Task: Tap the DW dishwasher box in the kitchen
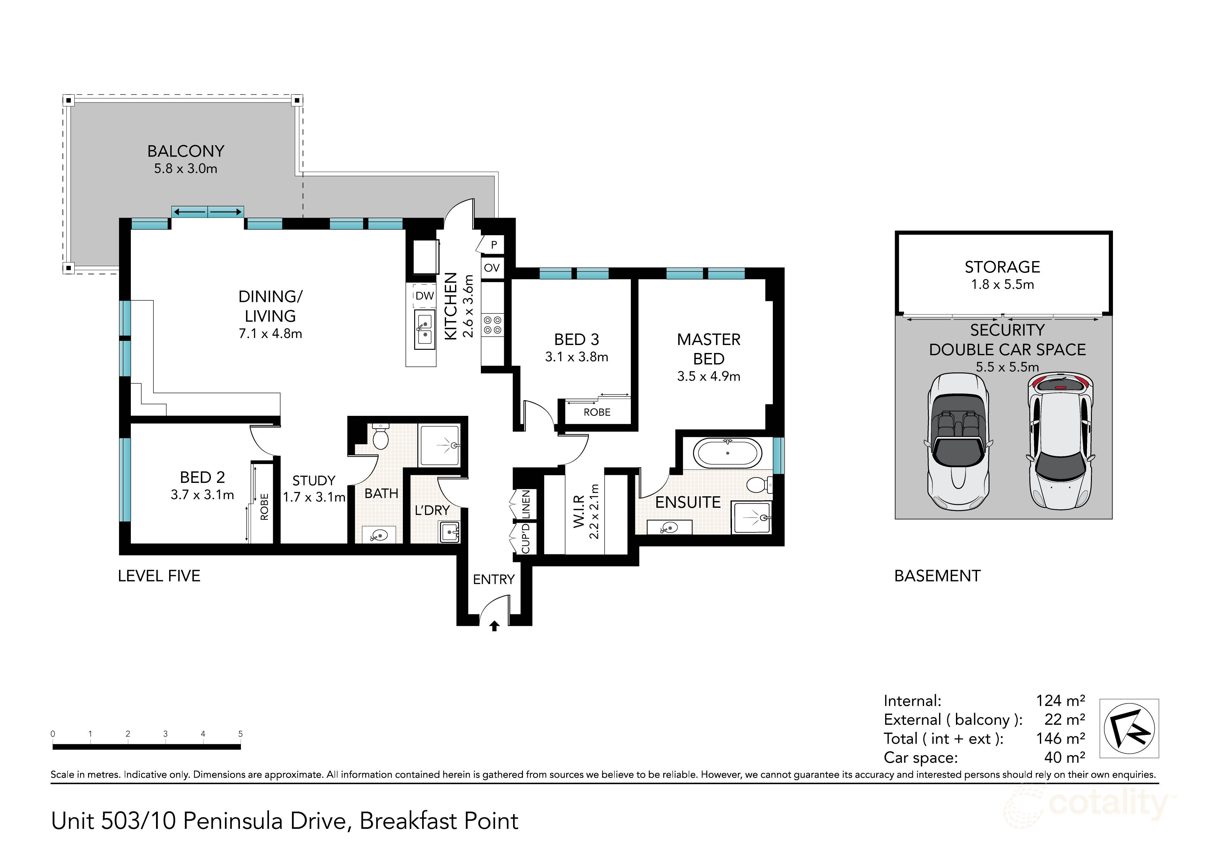424,296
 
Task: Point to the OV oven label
492,268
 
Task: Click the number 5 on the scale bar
241,734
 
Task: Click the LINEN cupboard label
526,504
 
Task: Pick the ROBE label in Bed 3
597,412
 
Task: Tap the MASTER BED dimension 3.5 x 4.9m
709,377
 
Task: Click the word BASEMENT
937,576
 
